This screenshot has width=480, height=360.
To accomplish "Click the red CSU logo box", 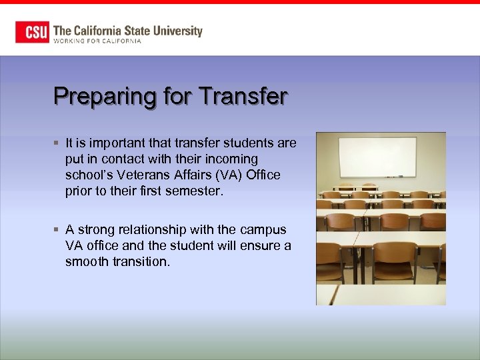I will tap(33, 32).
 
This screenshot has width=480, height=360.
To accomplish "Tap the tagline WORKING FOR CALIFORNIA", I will tap(97, 41).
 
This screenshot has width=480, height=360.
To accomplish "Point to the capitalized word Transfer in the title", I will tap(243, 96).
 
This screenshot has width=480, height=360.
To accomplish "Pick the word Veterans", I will tap(141, 175).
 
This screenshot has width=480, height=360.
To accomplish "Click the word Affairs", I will tap(197, 175).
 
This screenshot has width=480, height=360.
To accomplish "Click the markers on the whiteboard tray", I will tap(395, 177).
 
